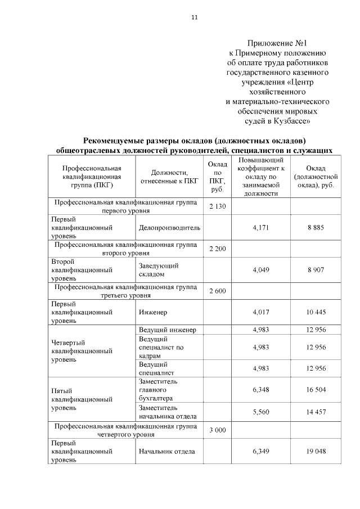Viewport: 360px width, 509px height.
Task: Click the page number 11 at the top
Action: (194, 17)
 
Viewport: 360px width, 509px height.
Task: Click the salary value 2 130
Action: (217, 207)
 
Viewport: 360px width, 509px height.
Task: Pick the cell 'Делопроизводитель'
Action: (169, 228)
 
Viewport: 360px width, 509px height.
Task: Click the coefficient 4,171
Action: (261, 228)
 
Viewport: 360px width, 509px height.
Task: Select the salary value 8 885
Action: (316, 228)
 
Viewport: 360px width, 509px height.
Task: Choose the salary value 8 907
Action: (316, 269)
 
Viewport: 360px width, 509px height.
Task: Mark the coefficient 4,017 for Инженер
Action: (261, 312)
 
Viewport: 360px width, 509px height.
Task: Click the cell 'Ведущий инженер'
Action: (167, 330)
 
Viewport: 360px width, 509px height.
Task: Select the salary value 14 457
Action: (316, 412)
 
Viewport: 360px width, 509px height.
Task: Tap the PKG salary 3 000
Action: (217, 430)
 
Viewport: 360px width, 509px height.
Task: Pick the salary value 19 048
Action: (316, 451)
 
